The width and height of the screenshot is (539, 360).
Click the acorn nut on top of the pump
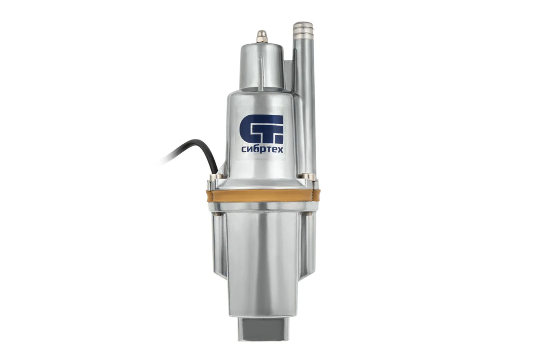click(262, 36)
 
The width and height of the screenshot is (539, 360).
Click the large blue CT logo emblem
click(262, 129)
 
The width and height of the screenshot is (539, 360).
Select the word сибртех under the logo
click(262, 149)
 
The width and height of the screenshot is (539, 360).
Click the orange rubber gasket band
click(264, 196)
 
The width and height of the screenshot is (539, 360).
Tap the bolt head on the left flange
click(216, 177)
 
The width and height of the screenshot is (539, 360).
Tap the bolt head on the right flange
click(308, 176)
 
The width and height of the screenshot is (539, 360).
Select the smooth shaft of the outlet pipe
click(305, 103)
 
